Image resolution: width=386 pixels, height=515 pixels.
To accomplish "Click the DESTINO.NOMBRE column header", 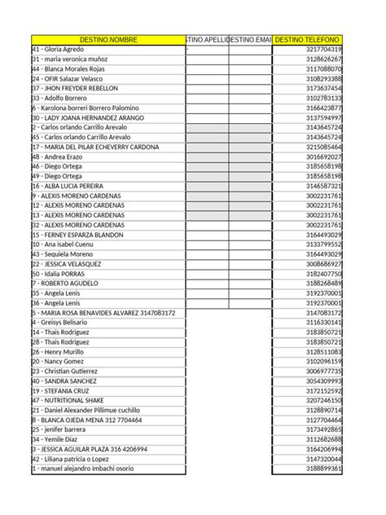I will (x=108, y=39).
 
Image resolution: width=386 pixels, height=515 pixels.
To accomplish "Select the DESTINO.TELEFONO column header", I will (x=308, y=39).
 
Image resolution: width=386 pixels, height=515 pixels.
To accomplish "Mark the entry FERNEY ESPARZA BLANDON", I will (x=77, y=235).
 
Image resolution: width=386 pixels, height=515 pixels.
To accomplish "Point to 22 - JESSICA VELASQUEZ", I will (x=66, y=264).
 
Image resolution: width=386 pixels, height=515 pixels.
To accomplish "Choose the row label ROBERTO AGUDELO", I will (x=64, y=284).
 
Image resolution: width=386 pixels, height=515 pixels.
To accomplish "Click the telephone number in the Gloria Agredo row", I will (x=318, y=49).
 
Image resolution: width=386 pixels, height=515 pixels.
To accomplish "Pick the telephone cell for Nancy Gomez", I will (x=318, y=361).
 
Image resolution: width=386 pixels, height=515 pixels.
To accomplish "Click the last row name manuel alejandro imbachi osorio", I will (x=85, y=469).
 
